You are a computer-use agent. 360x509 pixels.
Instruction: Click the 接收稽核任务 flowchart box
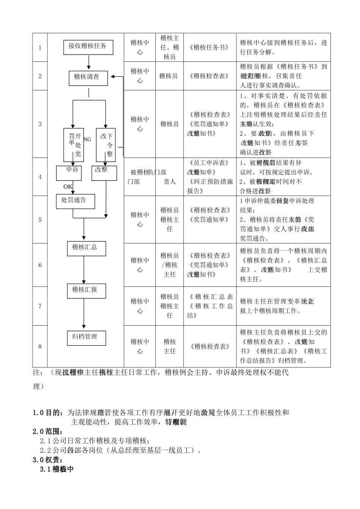click(x=88, y=47)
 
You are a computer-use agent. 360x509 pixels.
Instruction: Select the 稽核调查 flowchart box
click(x=88, y=77)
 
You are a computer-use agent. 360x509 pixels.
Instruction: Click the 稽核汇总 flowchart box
click(x=86, y=248)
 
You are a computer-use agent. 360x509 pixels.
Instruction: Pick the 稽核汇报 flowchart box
click(x=86, y=290)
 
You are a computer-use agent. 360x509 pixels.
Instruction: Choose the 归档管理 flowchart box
click(x=86, y=337)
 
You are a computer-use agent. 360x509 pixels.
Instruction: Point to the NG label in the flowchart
click(x=87, y=139)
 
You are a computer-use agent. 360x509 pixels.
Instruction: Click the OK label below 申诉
click(x=68, y=187)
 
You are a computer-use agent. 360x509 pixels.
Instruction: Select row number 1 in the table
click(x=40, y=48)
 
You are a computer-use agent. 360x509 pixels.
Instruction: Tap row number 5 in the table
click(x=40, y=220)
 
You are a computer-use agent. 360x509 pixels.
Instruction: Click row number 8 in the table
click(x=40, y=347)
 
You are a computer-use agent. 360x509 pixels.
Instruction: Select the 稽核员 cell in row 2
click(x=169, y=76)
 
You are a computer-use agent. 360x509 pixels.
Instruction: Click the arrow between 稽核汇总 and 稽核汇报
click(x=84, y=269)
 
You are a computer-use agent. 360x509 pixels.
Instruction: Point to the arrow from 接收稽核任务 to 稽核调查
click(x=88, y=62)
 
